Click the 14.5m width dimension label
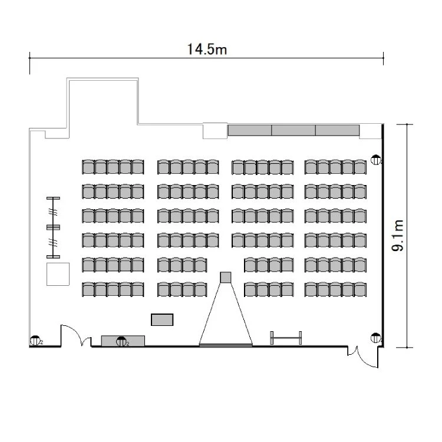(207, 50)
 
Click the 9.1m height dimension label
(398, 235)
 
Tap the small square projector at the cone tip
(226, 278)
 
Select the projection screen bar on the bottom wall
(226, 345)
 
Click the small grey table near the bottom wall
(162, 319)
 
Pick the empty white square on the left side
(58, 274)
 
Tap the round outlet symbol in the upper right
(376, 160)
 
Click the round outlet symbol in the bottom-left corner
(35, 341)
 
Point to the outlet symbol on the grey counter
(121, 341)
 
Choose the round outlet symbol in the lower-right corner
(376, 338)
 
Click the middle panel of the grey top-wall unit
(293, 130)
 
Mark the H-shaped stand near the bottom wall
(286, 338)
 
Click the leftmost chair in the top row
(88, 167)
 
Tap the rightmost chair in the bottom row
(360, 289)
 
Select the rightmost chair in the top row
(360, 167)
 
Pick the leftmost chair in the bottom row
(88, 289)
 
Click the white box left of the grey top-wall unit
(215, 131)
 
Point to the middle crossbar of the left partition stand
(53, 227)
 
